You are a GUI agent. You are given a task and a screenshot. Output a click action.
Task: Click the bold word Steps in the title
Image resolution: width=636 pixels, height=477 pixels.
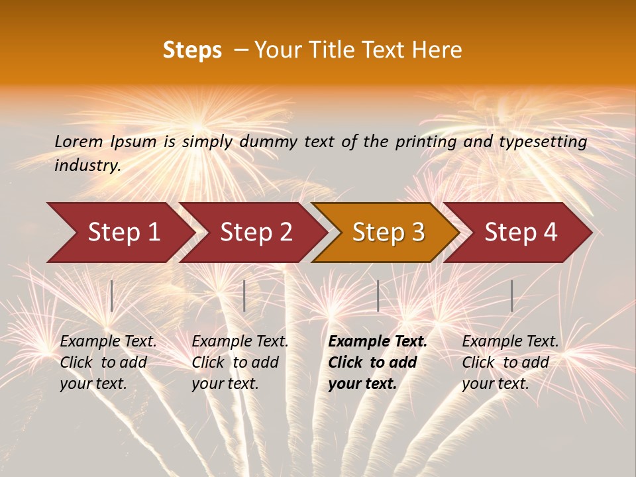192,50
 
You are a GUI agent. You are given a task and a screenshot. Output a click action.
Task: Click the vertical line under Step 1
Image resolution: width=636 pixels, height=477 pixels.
111,295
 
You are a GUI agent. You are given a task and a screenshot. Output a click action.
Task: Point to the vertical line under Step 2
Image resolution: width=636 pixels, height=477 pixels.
244,295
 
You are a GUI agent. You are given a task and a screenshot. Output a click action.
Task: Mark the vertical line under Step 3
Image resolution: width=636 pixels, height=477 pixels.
378,295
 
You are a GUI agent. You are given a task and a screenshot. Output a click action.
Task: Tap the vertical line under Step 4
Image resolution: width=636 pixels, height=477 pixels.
511,295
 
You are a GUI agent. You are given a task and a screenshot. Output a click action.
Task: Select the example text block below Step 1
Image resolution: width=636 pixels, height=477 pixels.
108,362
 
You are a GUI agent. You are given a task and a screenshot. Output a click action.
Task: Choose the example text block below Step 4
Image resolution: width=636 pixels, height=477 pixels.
510,362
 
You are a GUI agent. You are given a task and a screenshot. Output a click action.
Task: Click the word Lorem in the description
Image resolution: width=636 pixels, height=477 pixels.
79,141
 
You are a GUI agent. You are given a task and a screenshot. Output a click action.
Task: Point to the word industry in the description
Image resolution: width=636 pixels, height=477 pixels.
87,166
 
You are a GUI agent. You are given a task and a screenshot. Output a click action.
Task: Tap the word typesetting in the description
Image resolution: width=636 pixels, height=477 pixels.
549,142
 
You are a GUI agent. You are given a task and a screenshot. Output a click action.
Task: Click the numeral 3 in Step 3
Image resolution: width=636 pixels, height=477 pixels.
417,232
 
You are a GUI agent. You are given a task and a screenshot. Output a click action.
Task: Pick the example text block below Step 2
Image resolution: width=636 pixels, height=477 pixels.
240,362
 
